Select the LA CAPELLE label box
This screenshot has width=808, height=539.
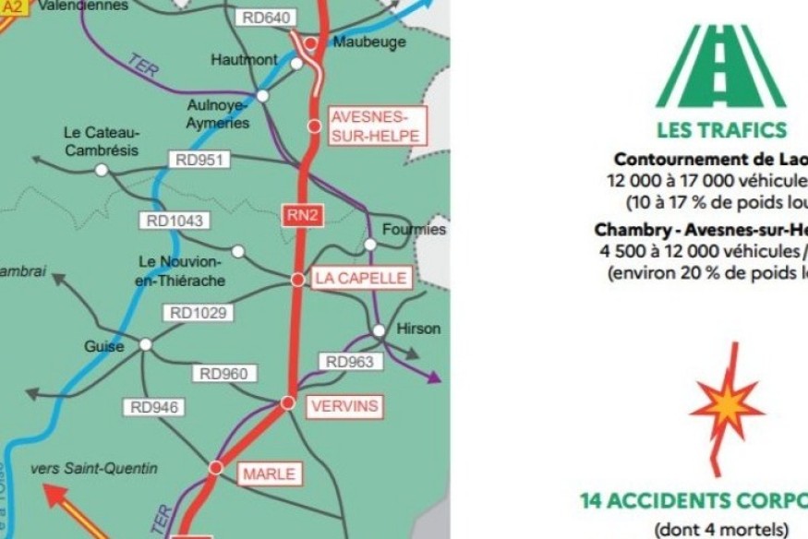(x=359, y=278)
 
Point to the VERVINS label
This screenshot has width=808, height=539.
(x=344, y=404)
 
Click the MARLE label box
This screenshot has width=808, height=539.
(x=269, y=473)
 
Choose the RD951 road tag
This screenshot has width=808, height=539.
(x=199, y=161)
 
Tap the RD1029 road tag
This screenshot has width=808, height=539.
(x=198, y=313)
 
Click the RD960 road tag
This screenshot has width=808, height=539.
(x=223, y=374)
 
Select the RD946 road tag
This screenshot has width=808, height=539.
(x=153, y=407)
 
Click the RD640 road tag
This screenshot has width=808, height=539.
(x=266, y=18)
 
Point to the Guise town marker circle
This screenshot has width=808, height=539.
(x=145, y=344)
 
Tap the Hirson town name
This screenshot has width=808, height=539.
(x=418, y=329)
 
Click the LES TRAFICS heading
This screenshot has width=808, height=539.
(x=721, y=129)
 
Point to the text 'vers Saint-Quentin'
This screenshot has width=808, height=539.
(x=93, y=468)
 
